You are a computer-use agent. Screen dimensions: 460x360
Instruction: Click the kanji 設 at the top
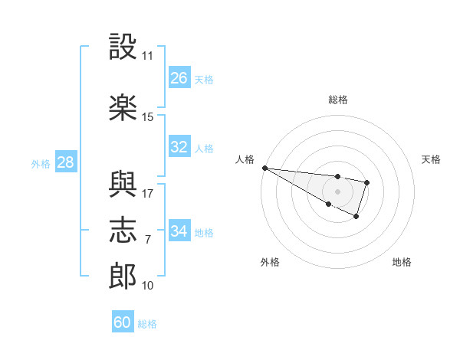click(x=123, y=46)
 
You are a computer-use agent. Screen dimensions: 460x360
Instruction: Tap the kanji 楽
click(x=123, y=107)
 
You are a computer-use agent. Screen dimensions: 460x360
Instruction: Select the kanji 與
click(x=123, y=184)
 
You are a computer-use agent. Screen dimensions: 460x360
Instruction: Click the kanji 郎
click(x=123, y=276)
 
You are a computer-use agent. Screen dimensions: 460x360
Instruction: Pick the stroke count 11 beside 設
click(x=147, y=56)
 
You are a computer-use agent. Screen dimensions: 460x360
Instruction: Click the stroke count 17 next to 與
click(x=147, y=194)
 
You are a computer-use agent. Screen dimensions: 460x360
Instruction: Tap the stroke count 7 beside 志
click(x=148, y=240)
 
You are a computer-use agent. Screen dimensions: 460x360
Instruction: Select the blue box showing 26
click(x=179, y=77)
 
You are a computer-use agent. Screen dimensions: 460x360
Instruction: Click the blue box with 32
click(x=179, y=146)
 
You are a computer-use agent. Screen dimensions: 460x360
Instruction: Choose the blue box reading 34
click(x=179, y=230)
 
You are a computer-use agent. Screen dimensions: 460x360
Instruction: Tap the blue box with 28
click(x=66, y=162)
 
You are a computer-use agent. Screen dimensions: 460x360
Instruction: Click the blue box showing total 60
click(x=123, y=321)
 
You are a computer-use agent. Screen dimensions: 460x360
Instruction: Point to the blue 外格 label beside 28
click(x=41, y=164)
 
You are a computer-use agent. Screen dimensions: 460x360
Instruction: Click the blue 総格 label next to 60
click(x=147, y=324)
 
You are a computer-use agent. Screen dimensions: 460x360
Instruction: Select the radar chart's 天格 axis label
click(x=431, y=159)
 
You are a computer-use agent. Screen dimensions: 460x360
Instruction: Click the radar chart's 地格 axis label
click(x=402, y=262)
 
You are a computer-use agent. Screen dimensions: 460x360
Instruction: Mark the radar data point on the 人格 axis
click(x=265, y=168)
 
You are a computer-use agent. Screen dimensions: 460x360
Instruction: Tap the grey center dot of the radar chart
click(x=337, y=191)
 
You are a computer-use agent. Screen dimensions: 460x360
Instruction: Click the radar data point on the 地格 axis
click(x=356, y=217)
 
